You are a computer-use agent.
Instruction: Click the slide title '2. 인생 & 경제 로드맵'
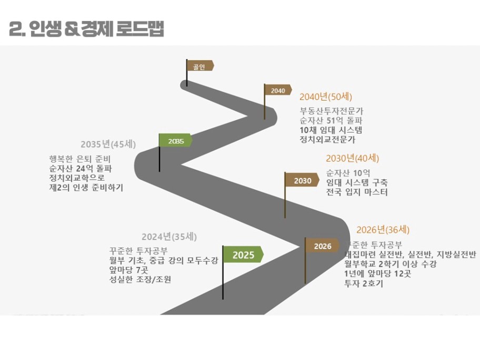coord(87,29)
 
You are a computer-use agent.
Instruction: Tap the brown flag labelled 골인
coord(200,66)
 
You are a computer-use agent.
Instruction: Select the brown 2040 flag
coord(278,91)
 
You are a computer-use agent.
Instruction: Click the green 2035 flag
coord(176,141)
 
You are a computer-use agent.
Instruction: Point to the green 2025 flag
coord(243,255)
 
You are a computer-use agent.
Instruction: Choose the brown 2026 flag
coord(322,246)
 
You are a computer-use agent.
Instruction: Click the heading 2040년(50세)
coord(325,97)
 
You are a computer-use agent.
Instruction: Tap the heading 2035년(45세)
coord(108,144)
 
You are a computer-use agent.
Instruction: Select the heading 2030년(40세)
coord(352,158)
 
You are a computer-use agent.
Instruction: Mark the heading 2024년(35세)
coord(169,237)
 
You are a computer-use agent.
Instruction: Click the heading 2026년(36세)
coord(383,229)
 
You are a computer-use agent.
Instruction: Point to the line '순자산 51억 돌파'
coord(332,121)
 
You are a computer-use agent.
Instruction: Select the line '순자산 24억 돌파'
coord(80,168)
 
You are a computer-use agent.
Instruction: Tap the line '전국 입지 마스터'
coord(356,192)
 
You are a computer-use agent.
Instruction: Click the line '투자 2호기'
coord(363,283)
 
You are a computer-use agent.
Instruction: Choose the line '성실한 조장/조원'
coord(140,279)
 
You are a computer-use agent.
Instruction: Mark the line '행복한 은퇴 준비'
coord(80,159)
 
